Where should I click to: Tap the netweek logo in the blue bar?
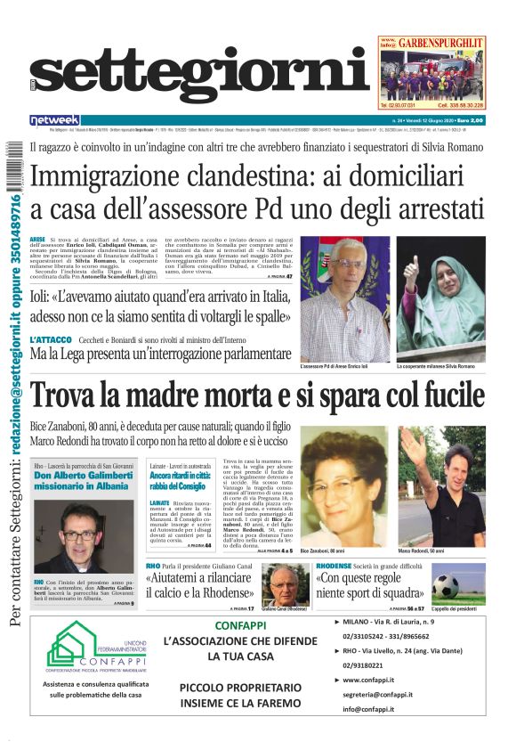click(54, 120)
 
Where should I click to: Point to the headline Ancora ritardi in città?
click(181, 482)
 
